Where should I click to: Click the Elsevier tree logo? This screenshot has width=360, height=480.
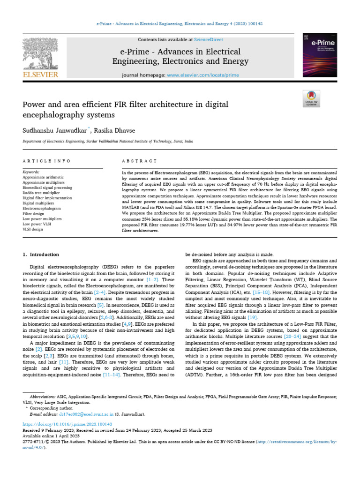(x=41, y=53)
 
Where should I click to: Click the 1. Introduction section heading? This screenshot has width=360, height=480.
(x=41, y=255)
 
